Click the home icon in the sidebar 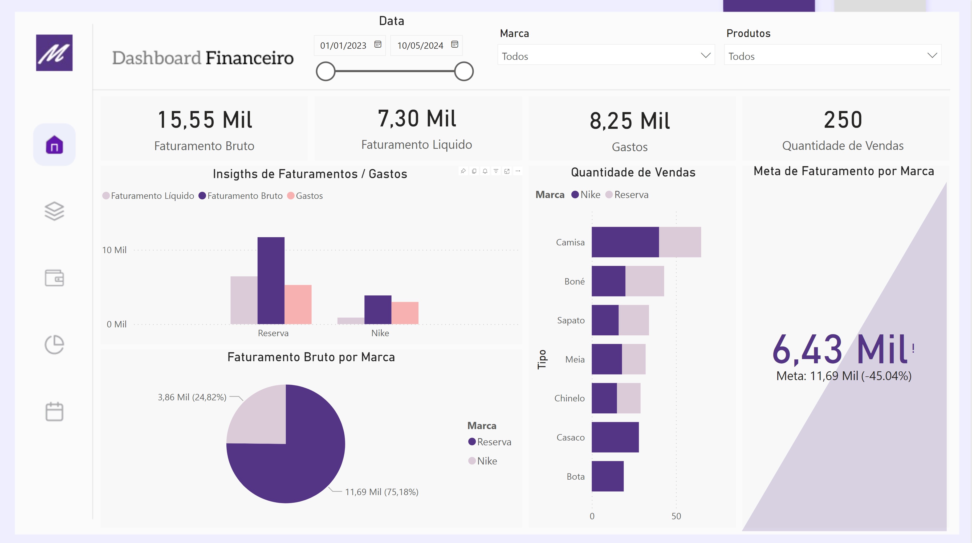54,145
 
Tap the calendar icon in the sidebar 54,412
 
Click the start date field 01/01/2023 343,46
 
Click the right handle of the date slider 464,71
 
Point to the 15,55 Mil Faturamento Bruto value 205,120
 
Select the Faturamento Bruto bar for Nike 378,310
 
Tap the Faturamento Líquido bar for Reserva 244,300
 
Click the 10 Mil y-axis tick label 114,250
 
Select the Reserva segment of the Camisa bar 680,242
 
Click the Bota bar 608,476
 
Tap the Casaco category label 570,437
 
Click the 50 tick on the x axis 676,516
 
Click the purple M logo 54,53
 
